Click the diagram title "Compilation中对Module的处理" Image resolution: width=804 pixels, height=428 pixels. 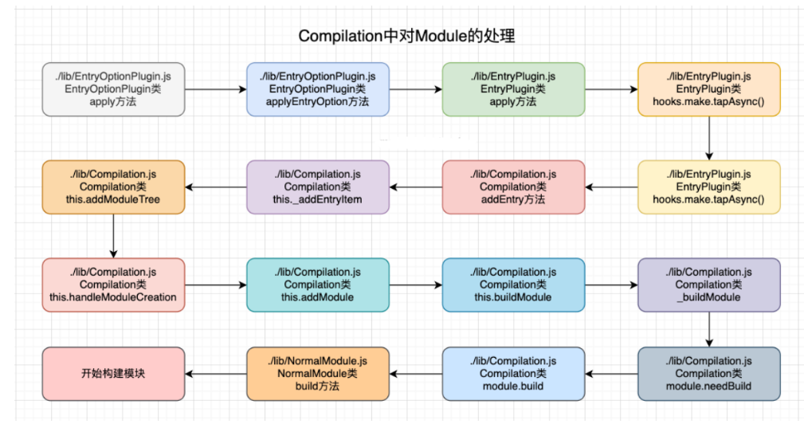(x=406, y=37)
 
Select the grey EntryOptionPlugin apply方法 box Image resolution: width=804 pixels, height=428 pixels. (x=113, y=89)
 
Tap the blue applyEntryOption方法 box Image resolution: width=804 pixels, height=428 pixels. (x=318, y=89)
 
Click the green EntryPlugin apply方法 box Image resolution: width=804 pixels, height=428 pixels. (x=513, y=89)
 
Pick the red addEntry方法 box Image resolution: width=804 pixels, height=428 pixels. (x=513, y=187)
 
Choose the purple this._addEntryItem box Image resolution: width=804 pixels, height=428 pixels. (x=318, y=187)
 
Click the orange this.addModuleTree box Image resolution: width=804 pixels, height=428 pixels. (x=113, y=187)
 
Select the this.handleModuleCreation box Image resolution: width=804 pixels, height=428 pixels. (x=113, y=285)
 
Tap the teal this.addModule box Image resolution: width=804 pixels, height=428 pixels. (x=318, y=285)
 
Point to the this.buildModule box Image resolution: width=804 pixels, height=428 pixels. (x=513, y=285)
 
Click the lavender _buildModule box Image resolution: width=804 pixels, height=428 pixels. (x=708, y=285)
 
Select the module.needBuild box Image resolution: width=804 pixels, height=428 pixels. (x=708, y=373)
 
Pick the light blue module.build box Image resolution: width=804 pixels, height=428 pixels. (x=513, y=373)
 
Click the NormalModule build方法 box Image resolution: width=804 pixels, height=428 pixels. (x=318, y=373)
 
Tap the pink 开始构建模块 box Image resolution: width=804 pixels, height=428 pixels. (x=113, y=373)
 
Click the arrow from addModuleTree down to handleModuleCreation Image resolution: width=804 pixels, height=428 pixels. (x=113, y=235)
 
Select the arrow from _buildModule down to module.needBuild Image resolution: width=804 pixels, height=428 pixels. (x=708, y=329)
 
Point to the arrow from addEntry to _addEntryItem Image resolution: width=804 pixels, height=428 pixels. (x=416, y=187)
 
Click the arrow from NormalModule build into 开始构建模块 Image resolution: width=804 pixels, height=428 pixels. (x=216, y=373)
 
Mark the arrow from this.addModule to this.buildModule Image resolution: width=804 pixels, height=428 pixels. (x=416, y=285)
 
